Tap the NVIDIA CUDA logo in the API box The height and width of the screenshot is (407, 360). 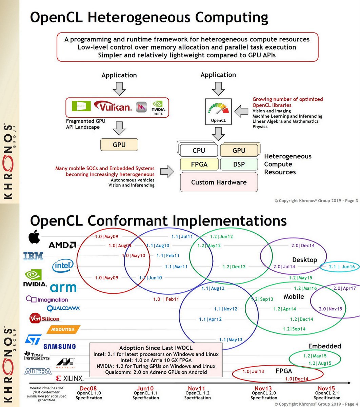(x=158, y=108)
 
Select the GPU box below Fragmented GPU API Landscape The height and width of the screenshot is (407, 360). (x=119, y=144)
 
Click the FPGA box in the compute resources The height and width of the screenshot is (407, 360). (x=199, y=164)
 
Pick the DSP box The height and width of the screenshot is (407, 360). (x=239, y=164)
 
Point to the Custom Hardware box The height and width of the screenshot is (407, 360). (x=219, y=182)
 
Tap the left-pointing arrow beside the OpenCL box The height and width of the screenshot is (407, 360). (x=241, y=111)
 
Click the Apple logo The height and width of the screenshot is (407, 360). (x=34, y=237)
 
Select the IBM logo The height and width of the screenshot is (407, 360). (x=33, y=256)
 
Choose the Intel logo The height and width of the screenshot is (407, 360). (x=63, y=266)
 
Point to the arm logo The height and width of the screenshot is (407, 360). (x=63, y=288)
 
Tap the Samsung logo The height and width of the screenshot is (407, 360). (x=59, y=346)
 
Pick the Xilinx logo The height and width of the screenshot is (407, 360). (x=69, y=378)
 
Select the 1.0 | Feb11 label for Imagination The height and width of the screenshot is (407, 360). (x=166, y=299)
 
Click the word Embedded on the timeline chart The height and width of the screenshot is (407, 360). (x=324, y=346)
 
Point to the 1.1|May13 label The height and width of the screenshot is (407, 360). (x=231, y=340)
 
